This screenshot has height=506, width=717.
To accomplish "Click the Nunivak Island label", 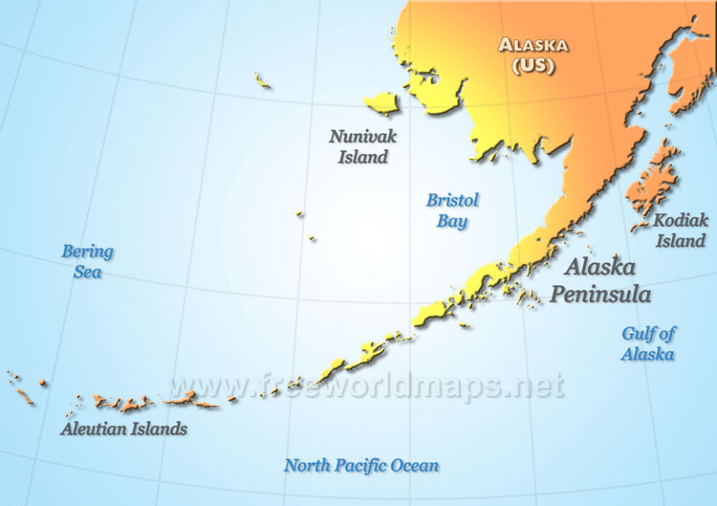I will point(363,147).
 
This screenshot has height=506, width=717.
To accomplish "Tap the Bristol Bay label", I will point(452,210).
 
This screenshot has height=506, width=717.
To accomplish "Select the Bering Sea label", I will point(87,261).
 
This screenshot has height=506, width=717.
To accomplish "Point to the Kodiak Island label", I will point(680,231).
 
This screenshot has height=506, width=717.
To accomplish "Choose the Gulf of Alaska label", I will point(649,343).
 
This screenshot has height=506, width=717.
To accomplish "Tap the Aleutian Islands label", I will point(123,429).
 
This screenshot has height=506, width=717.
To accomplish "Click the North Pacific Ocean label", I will point(361,465).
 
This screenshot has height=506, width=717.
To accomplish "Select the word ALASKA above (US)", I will point(533,45).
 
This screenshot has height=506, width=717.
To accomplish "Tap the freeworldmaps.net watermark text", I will point(366,385).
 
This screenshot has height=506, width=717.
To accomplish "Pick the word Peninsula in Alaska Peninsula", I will point(600,294).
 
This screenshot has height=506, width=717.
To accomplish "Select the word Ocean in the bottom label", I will point(414,465).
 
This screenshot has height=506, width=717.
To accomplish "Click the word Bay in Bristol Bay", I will point(452,222).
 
